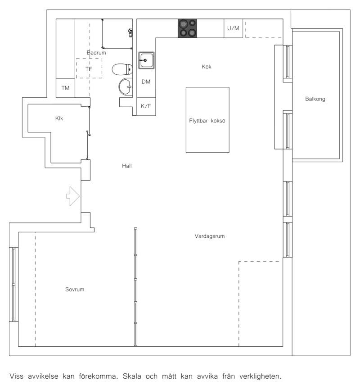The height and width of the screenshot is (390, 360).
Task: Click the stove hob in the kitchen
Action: (x=188, y=28)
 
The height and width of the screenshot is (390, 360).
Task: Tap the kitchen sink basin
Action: (x=146, y=60)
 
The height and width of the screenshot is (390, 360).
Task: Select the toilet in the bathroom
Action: (x=122, y=69)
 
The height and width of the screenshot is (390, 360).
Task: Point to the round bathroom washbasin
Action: (x=126, y=86)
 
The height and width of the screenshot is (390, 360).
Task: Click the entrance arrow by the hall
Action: (x=73, y=196)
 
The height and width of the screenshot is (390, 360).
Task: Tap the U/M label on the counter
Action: (x=233, y=28)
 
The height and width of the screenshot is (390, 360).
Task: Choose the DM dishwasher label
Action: (x=146, y=82)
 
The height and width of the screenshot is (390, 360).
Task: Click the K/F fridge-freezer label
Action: (x=146, y=106)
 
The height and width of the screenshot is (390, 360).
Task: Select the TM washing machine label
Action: (x=65, y=88)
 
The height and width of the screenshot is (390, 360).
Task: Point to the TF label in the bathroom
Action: (x=89, y=69)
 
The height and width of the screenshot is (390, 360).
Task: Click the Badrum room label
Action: (x=96, y=53)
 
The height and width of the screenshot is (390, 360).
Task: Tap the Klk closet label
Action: (x=59, y=118)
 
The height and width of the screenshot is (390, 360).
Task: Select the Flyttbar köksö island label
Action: (x=207, y=121)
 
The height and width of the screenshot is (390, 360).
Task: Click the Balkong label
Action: (x=315, y=99)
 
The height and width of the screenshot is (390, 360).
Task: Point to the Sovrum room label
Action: (x=75, y=289)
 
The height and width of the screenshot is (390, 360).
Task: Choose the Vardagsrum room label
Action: (x=210, y=236)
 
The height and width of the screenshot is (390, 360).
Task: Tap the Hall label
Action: (x=127, y=166)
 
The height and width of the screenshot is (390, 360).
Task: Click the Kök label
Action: (x=207, y=67)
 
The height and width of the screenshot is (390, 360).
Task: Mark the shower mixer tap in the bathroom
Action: (x=130, y=32)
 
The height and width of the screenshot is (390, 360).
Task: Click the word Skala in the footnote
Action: (x=132, y=376)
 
